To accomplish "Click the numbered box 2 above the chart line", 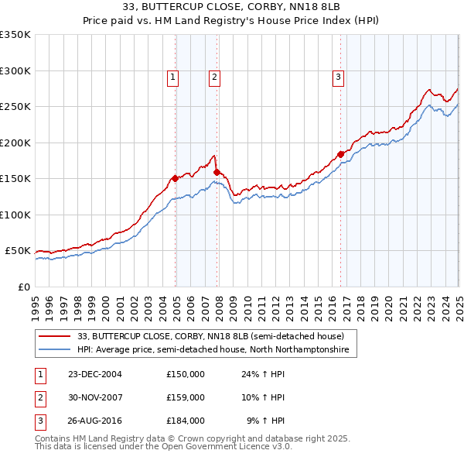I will pos(213,77).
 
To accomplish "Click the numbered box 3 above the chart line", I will pos(338,77).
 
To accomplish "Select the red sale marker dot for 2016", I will pos(340,154).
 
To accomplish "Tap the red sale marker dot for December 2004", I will pos(176,178).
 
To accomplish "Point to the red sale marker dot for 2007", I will pos(217,172).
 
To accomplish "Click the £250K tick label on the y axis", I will pos(15,107).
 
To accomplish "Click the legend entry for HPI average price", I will pos(213,350).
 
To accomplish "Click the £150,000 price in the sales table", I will pos(186,373).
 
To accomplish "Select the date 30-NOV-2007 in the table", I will pos(95,397).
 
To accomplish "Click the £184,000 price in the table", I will pos(186,421).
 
